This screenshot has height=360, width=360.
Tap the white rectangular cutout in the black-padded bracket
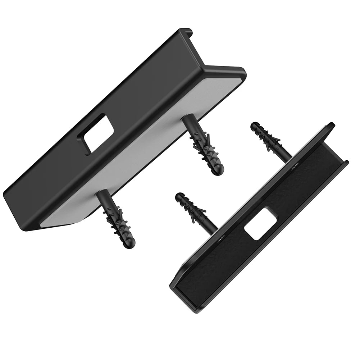260,224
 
